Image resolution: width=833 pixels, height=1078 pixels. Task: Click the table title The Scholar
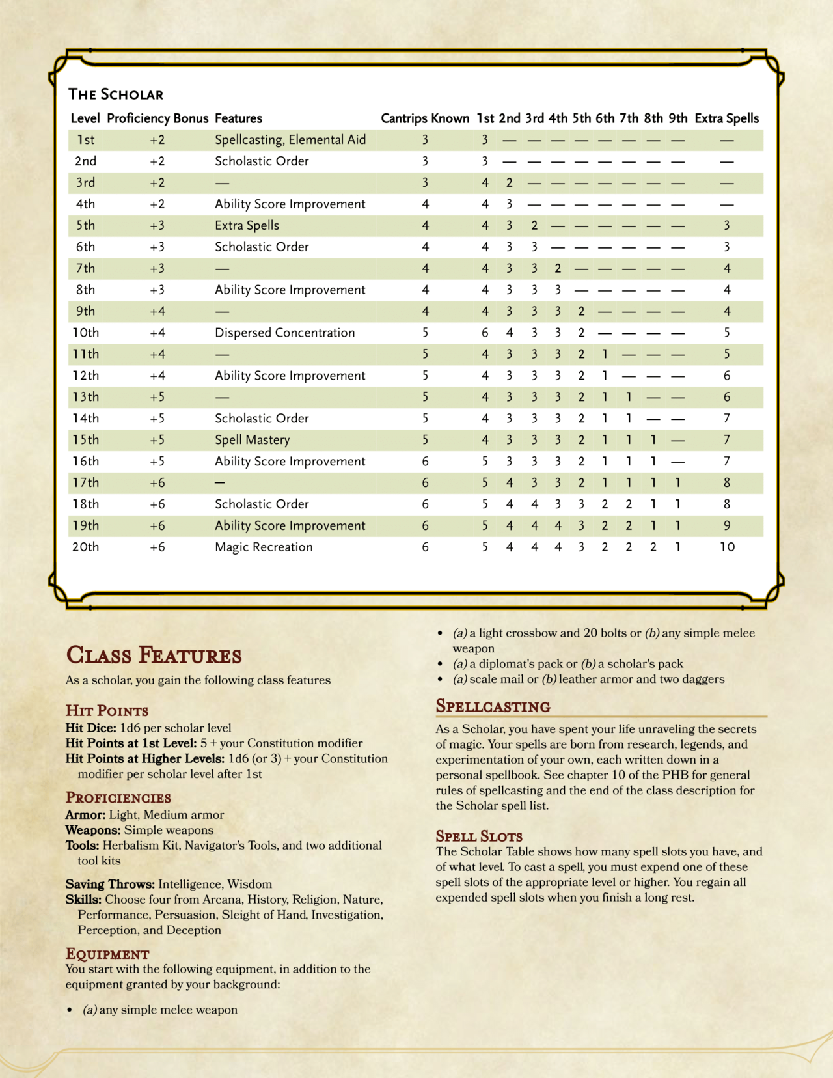click(x=116, y=94)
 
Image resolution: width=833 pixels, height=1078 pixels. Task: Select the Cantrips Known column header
click(x=424, y=118)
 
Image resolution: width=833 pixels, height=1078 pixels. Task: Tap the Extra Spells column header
click(x=726, y=118)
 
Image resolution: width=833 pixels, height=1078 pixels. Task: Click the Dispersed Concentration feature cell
click(x=284, y=333)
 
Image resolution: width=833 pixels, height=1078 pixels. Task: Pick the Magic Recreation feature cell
click(x=264, y=547)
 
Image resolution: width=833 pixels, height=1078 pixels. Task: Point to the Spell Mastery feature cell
click(x=252, y=440)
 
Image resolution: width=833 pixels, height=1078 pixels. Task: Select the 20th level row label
click(x=85, y=547)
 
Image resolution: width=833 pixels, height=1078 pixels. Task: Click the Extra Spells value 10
click(x=727, y=547)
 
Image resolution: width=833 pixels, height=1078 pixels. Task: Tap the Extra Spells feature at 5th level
click(x=247, y=225)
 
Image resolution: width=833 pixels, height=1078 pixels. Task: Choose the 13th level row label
click(x=85, y=397)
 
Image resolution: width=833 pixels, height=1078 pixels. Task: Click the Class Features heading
click(x=154, y=655)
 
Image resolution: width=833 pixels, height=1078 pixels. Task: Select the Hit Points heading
click(x=107, y=710)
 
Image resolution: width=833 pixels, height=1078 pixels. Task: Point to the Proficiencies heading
click(x=118, y=797)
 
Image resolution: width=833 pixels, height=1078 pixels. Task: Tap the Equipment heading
click(x=107, y=954)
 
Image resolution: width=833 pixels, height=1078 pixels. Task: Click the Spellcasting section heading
click(x=493, y=706)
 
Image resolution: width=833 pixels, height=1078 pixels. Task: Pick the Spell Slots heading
click(x=479, y=836)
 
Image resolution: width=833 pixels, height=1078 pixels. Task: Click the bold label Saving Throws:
click(x=109, y=884)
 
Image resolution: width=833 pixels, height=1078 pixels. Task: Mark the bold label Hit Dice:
click(x=90, y=728)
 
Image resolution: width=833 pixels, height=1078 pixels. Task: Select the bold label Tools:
click(x=82, y=845)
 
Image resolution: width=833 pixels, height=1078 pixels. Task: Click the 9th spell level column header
click(x=677, y=118)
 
